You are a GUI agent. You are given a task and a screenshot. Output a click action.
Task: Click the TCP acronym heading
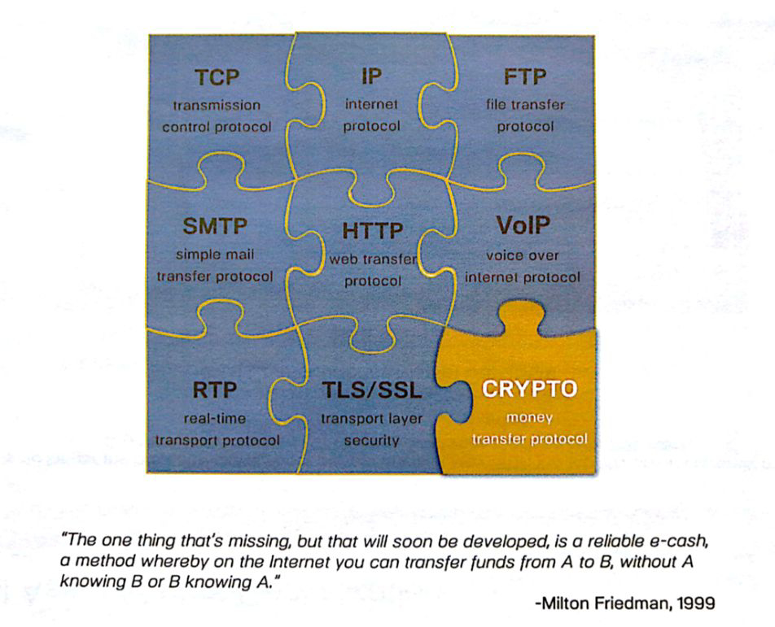click(x=217, y=77)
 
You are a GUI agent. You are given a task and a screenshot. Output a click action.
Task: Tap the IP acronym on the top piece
click(x=372, y=76)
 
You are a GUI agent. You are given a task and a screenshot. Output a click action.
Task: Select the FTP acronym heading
click(x=525, y=77)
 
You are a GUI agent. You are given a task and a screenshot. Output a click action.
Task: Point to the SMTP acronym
click(x=215, y=226)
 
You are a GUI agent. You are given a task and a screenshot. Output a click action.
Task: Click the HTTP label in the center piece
click(x=373, y=231)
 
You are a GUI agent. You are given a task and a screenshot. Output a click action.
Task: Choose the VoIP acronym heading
click(x=523, y=225)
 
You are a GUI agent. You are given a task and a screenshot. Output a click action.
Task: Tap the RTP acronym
click(x=215, y=390)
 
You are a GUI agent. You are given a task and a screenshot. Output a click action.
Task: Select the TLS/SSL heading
click(x=372, y=390)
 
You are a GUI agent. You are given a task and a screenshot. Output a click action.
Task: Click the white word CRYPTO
click(x=529, y=389)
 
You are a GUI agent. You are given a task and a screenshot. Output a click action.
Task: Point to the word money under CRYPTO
click(x=529, y=418)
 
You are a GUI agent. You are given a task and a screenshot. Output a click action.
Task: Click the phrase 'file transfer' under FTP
click(x=525, y=105)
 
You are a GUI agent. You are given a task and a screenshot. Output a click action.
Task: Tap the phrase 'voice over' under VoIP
click(x=523, y=255)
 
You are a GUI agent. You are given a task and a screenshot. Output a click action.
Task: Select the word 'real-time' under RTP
click(x=215, y=419)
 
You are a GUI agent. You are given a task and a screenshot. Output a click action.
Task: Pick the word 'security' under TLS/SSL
click(x=372, y=441)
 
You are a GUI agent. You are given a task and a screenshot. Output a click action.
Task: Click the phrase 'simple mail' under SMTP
click(x=215, y=255)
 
